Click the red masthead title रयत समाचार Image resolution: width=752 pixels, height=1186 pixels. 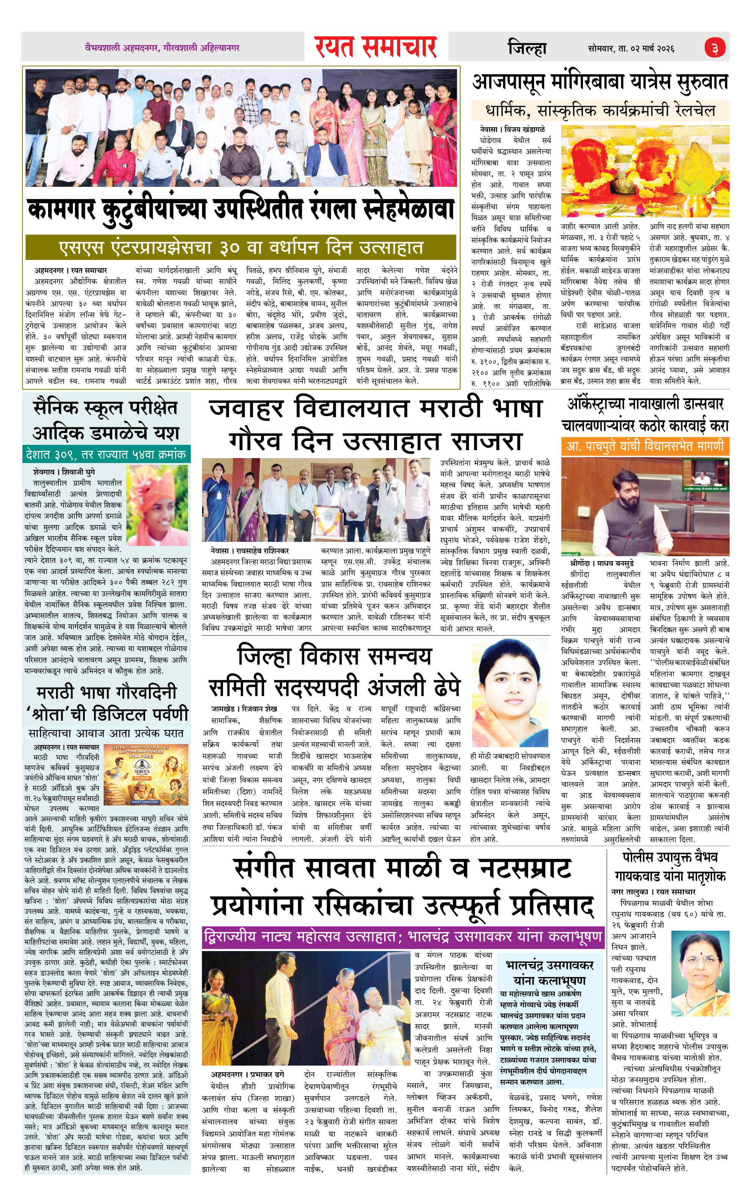tap(376, 47)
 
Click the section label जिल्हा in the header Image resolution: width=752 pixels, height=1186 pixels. tap(527, 48)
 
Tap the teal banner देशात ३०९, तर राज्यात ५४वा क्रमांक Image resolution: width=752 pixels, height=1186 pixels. tap(105, 454)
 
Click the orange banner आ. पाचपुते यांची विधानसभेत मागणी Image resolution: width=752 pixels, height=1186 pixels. tap(645, 446)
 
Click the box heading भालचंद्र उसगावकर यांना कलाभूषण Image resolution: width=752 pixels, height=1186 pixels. tap(550, 972)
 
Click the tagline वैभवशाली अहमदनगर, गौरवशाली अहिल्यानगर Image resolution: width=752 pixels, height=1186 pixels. tap(161, 48)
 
